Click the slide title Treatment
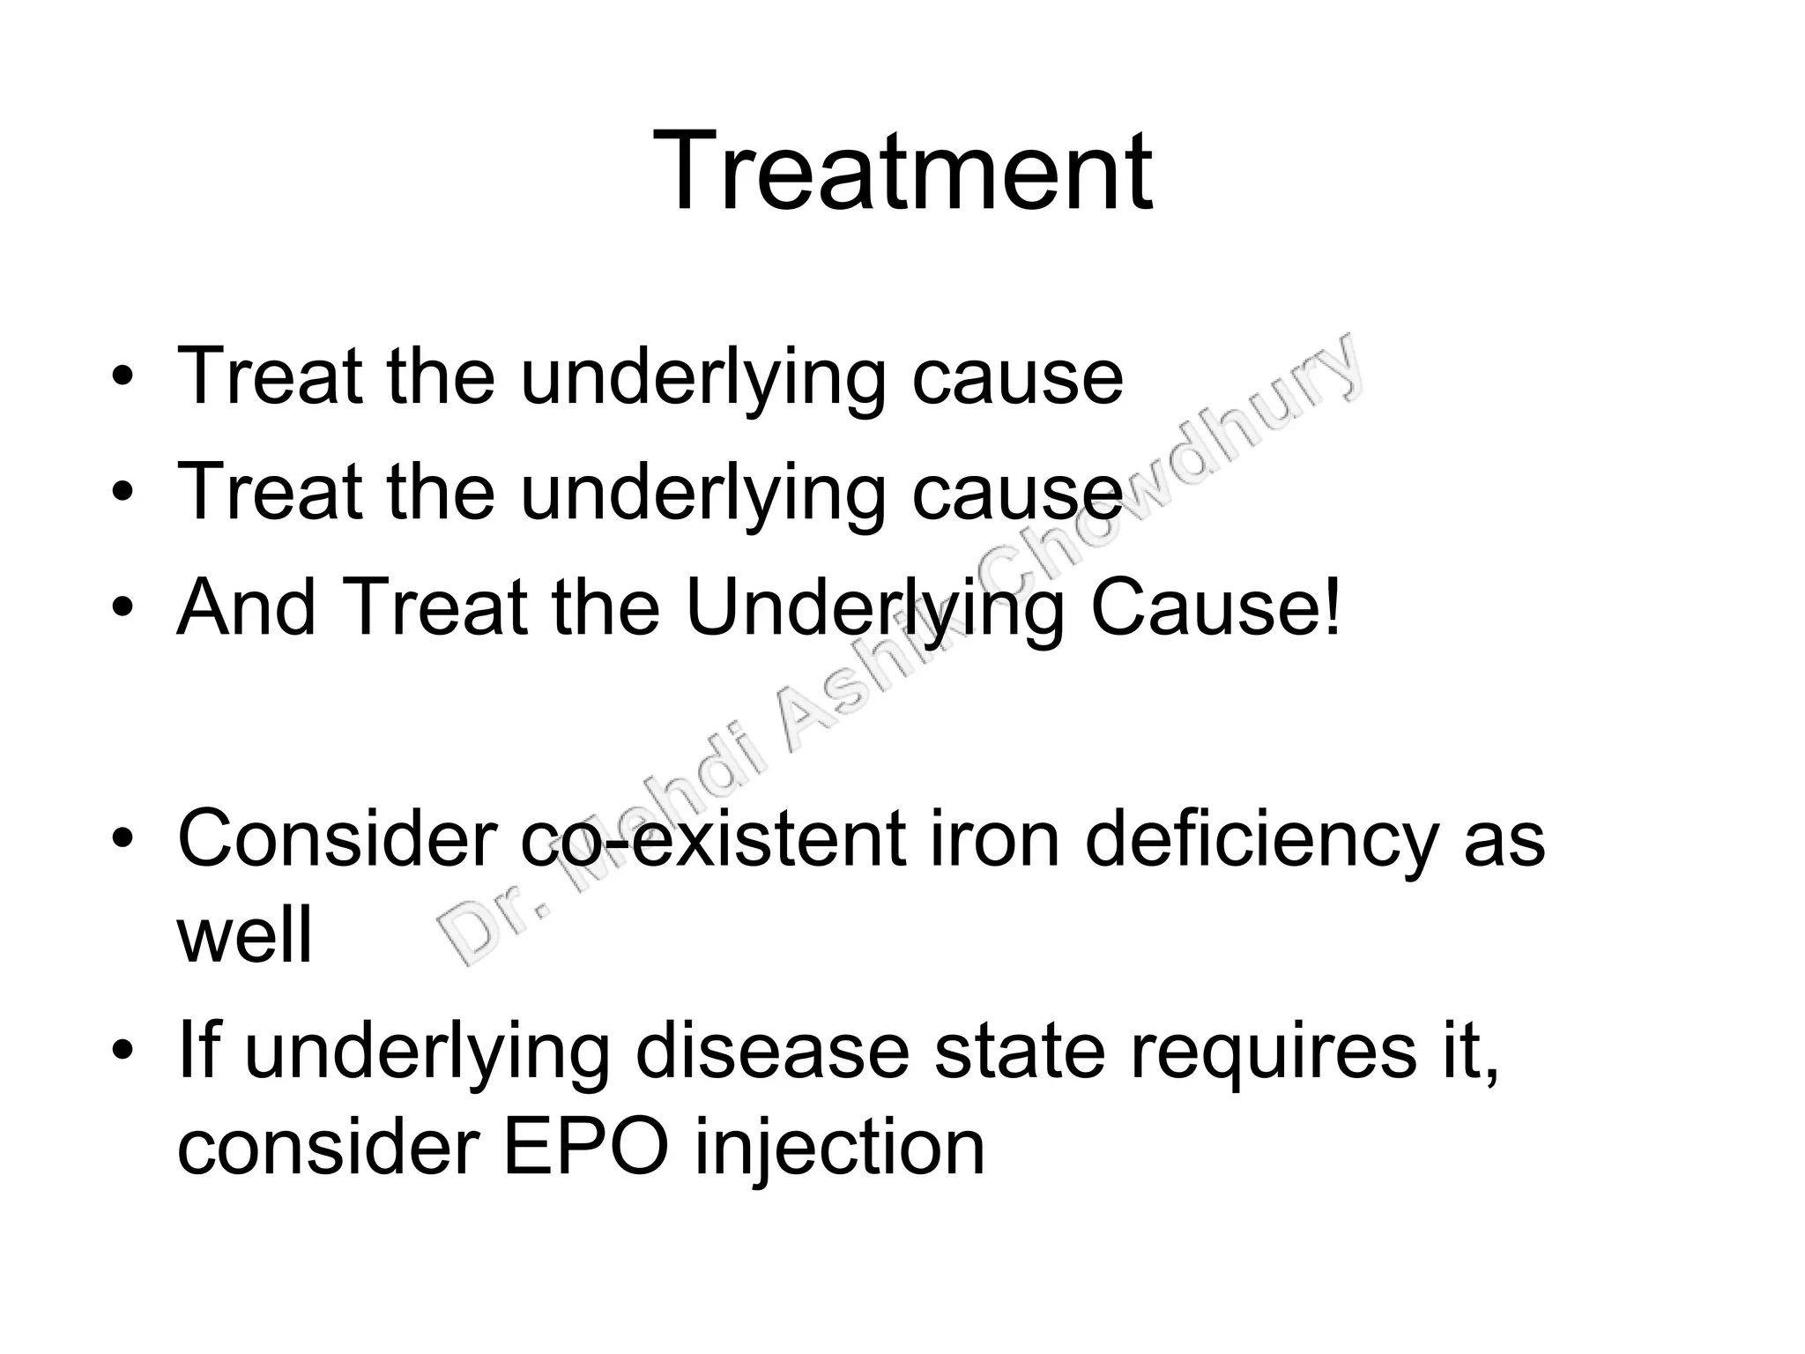point(902,171)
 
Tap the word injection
point(839,1149)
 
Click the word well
point(244,935)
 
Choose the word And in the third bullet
point(247,607)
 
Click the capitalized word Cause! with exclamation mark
point(1215,607)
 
